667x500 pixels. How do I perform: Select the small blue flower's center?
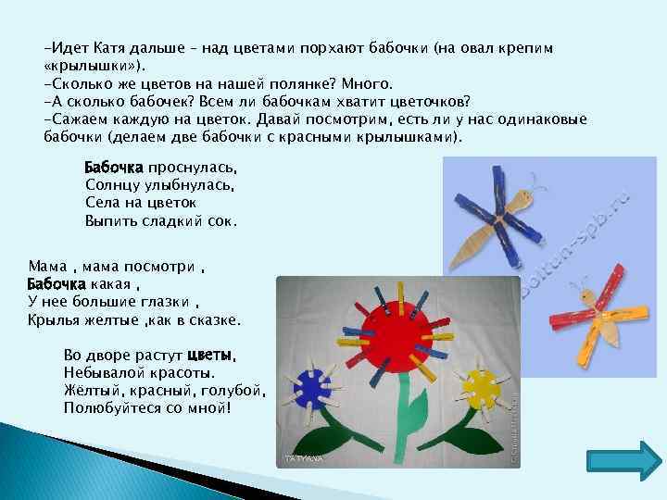pos(312,390)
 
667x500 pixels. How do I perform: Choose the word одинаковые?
pos(538,119)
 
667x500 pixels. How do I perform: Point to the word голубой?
pos(237,390)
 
